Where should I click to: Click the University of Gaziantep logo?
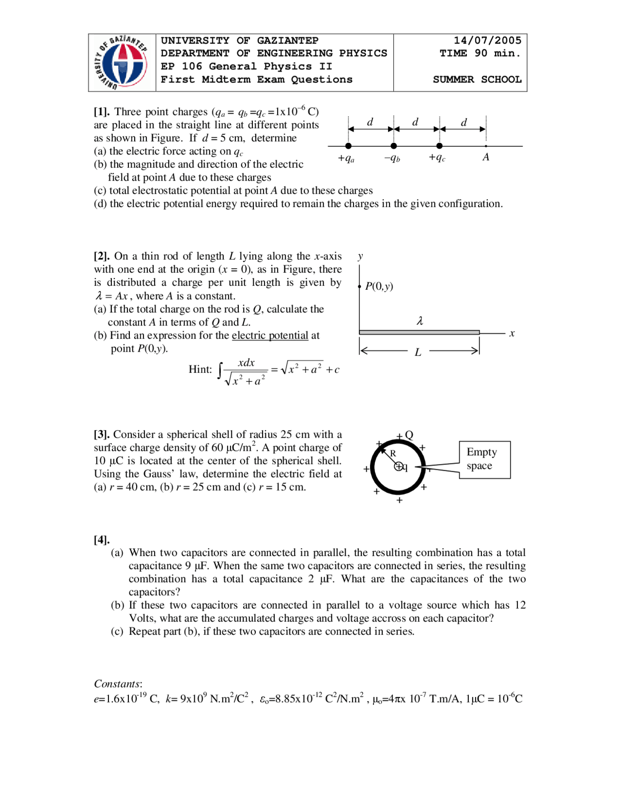pos(122,63)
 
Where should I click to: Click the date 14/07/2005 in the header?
pos(487,41)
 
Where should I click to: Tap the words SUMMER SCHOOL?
pos(477,79)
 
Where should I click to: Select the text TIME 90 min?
pos(480,53)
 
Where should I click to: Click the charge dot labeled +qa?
pos(348,146)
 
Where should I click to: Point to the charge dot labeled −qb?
pos(394,146)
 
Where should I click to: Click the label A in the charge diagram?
pos(486,157)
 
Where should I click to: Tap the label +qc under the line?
pos(437,158)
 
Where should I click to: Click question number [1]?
pos(101,112)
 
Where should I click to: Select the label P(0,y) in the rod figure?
pos(379,286)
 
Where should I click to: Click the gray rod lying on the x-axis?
pos(419,332)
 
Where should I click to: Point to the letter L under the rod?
pos(418,353)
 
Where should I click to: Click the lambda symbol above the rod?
pos(420,321)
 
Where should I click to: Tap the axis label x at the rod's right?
pos(512,334)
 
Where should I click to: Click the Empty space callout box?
pos(484,460)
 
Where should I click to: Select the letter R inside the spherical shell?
pos(393,454)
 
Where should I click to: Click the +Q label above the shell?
pos(405,435)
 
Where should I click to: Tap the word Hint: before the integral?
pos(200,370)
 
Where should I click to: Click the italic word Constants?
pos(117,684)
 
